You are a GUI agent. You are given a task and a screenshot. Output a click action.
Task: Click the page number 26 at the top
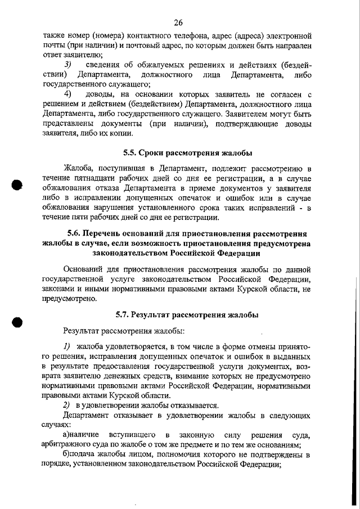(179, 22)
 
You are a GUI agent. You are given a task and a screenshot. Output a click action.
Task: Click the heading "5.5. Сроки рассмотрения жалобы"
(187, 152)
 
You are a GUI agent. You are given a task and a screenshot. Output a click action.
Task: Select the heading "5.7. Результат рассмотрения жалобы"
(187, 314)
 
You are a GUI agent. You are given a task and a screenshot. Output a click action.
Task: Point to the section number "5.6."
(76, 234)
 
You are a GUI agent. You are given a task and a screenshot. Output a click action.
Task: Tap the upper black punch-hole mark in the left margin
(17, 186)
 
